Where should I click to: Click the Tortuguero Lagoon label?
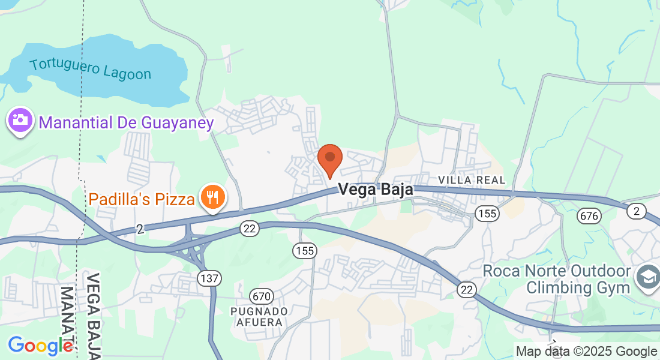tap(90, 69)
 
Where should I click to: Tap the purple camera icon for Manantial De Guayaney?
tap(20, 119)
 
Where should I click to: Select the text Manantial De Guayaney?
tap(126, 123)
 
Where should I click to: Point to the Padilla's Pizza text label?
tap(142, 199)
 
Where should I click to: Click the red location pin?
tap(329, 158)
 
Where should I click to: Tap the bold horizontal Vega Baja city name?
tap(376, 190)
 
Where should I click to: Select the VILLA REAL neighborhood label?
tap(472, 180)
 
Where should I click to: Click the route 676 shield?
tap(590, 216)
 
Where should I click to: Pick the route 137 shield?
tap(209, 278)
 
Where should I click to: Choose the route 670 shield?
tap(262, 296)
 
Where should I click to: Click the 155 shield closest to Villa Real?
tap(487, 213)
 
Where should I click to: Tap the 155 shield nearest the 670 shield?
tap(305, 250)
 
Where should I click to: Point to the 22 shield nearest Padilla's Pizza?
tap(249, 228)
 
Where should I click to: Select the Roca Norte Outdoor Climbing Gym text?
tap(557, 279)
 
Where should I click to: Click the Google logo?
tap(40, 346)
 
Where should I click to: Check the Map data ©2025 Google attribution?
tap(587, 352)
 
